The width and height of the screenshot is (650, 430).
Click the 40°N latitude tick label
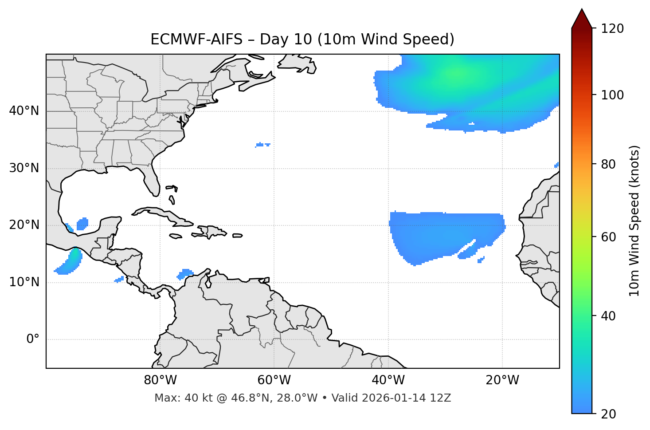click(x=24, y=111)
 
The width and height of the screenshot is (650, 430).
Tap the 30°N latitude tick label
click(x=24, y=168)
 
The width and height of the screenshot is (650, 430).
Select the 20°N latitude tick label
click(x=24, y=225)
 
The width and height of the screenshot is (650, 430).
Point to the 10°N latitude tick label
click(x=24, y=282)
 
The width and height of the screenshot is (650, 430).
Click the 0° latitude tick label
click(x=33, y=339)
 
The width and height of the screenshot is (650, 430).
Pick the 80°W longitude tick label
click(x=160, y=380)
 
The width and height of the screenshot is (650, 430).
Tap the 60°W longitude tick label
click(x=274, y=380)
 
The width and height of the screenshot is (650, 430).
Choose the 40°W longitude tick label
click(x=388, y=380)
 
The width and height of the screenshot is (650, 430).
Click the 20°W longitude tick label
click(x=502, y=380)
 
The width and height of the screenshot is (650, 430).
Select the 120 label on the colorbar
click(x=612, y=29)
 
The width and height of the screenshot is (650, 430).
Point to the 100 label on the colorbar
click(x=612, y=95)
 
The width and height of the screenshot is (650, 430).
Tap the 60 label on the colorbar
click(x=609, y=237)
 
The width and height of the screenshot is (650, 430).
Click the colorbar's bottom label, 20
click(x=609, y=414)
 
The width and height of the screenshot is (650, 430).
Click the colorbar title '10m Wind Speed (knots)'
click(x=634, y=221)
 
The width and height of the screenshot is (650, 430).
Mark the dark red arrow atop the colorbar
click(x=582, y=19)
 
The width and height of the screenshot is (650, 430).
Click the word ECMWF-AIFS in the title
click(x=196, y=39)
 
